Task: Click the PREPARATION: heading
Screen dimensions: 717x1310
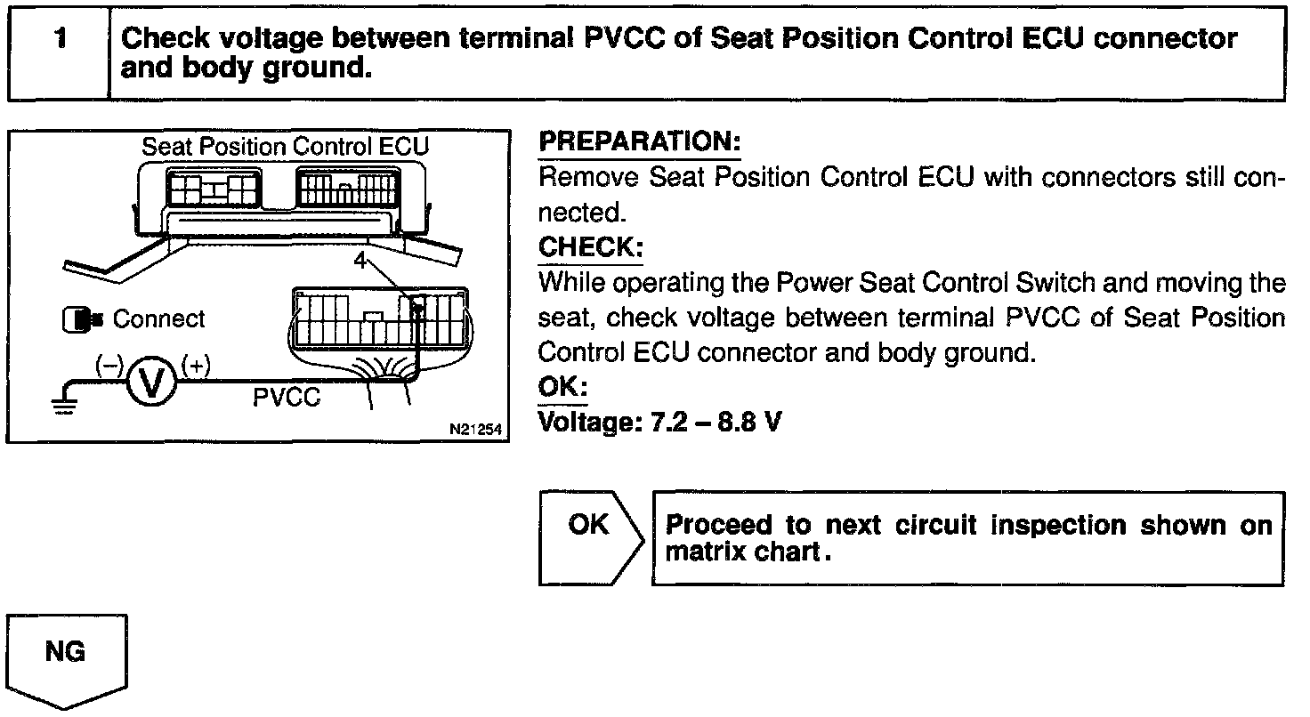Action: coord(640,142)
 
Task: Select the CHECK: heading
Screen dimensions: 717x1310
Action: coord(591,247)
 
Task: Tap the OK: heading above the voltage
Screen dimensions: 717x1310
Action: coord(562,388)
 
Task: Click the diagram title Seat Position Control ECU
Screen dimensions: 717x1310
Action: coord(285,147)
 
